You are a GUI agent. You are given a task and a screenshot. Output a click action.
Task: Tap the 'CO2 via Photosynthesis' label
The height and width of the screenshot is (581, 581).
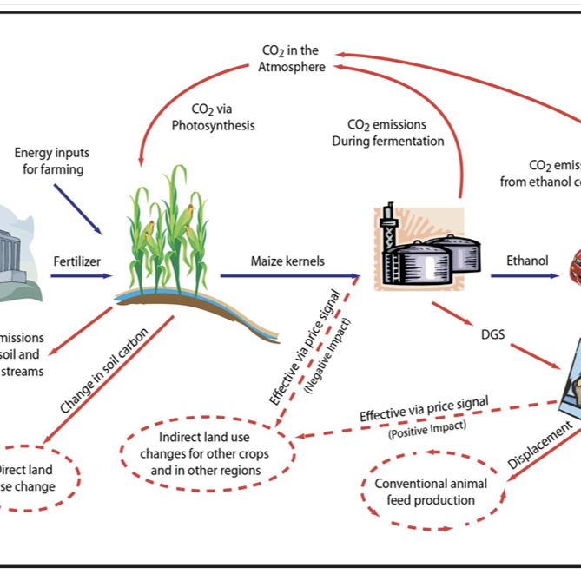213,118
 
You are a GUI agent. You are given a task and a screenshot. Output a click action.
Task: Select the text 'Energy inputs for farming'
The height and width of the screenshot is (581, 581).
52,162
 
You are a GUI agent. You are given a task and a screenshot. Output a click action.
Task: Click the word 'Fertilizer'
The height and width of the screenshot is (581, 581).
77,261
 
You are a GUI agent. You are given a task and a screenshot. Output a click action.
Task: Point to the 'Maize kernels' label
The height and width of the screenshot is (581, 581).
287,261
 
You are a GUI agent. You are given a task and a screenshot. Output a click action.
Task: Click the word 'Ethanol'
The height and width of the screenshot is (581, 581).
527,261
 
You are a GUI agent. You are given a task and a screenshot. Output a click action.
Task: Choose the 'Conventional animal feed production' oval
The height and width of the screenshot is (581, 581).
431,492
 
